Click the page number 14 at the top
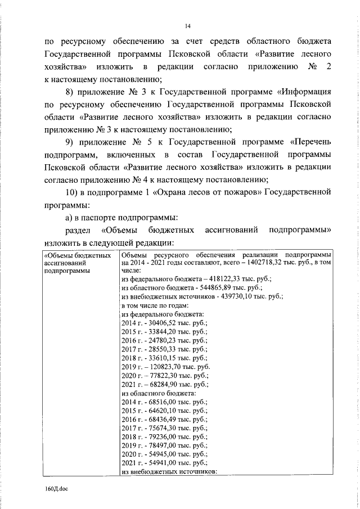point(188,25)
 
